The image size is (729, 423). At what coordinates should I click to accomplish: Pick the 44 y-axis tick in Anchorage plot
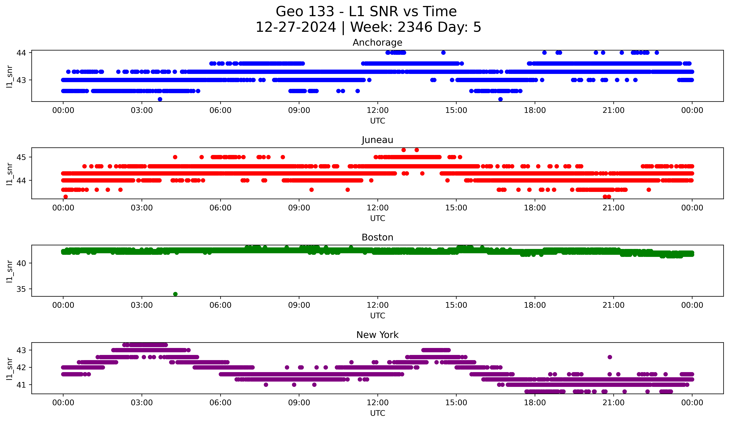pos(21,53)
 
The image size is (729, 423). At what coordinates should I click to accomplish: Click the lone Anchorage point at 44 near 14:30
pos(443,53)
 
